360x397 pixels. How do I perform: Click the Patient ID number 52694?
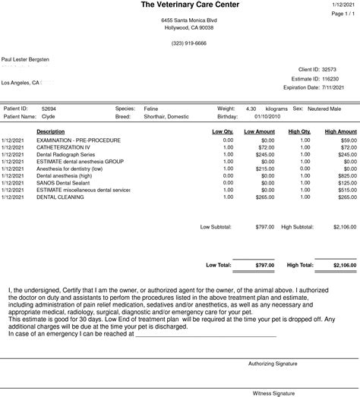click(49, 109)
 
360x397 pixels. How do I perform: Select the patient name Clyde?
click(48, 118)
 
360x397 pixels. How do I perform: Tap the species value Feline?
click(151, 109)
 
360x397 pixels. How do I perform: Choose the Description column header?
click(50, 132)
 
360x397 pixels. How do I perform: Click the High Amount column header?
click(340, 132)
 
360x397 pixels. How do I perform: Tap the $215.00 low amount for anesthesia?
click(264, 168)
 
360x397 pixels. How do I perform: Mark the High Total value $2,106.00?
click(339, 266)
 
